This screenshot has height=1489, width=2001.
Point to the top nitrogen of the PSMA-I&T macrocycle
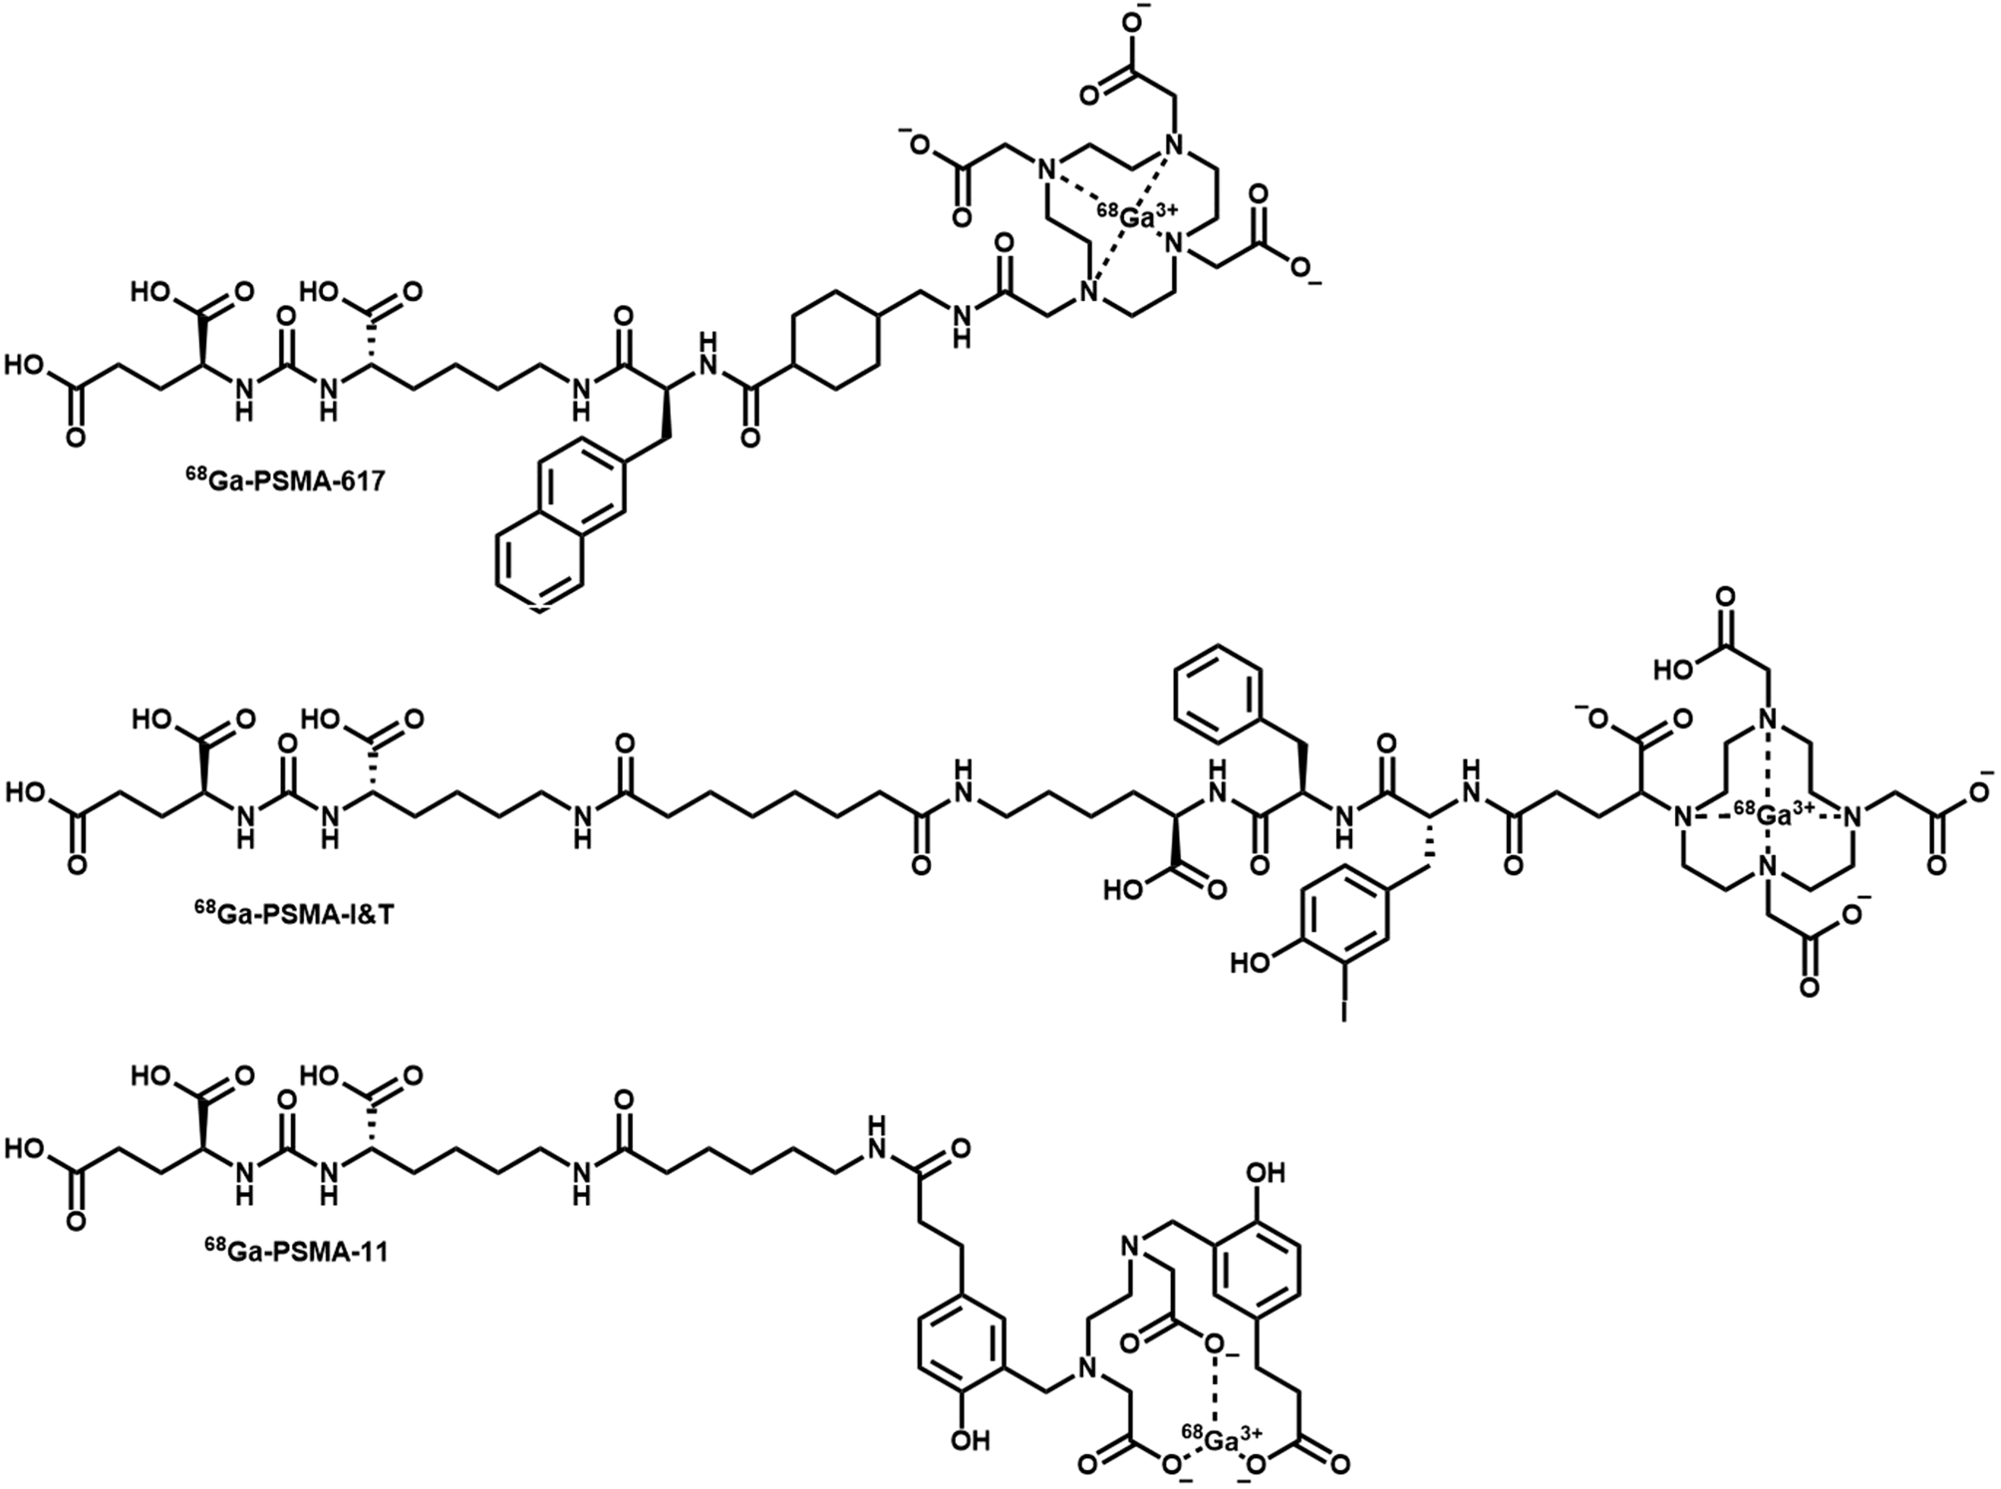(1767, 720)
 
